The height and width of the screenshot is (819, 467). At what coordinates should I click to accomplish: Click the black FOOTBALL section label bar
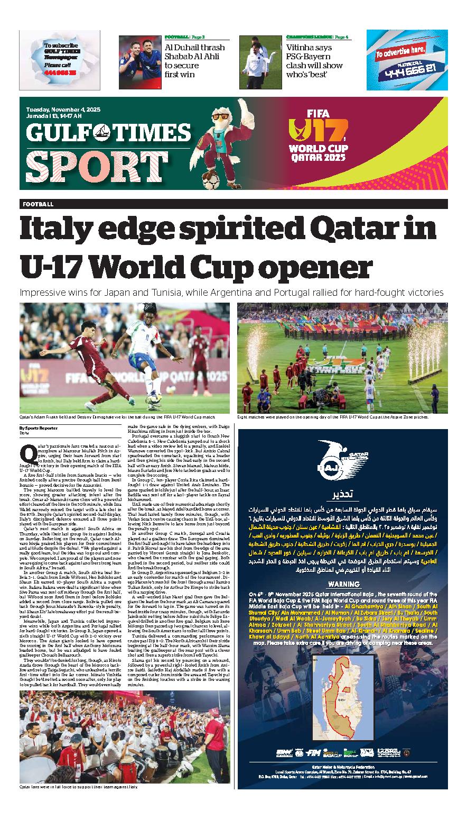233,204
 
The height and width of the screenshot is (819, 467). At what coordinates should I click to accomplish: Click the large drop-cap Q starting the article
27,453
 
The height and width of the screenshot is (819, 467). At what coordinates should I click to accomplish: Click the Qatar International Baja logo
341,458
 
